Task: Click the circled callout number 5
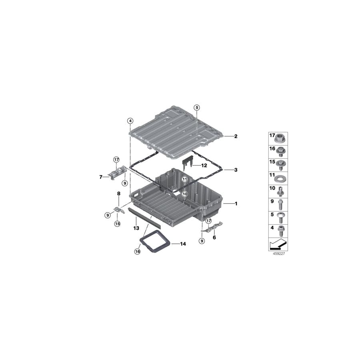click(x=196, y=108)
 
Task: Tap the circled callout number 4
click(x=130, y=121)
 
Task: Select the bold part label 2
click(x=236, y=136)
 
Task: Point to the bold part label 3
click(x=236, y=170)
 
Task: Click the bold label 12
click(x=204, y=165)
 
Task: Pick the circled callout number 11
click(x=185, y=179)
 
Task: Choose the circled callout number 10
click(x=185, y=194)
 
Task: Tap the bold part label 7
click(x=101, y=177)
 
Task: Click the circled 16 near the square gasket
click(x=137, y=252)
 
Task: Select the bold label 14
click(x=183, y=244)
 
